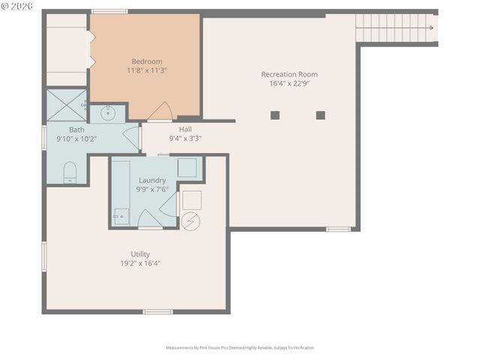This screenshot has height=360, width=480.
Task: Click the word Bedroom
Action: (x=146, y=61)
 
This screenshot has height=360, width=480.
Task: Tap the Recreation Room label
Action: (x=289, y=74)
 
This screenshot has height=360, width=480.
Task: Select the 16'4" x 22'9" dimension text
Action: (x=289, y=84)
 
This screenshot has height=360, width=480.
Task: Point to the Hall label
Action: (x=184, y=129)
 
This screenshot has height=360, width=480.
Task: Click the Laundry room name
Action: (x=151, y=180)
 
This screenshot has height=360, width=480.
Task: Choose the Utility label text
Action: (x=140, y=254)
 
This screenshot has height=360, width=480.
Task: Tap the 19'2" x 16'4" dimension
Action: (x=140, y=263)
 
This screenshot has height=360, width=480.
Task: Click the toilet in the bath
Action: (x=70, y=172)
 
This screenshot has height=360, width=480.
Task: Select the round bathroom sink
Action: (x=107, y=113)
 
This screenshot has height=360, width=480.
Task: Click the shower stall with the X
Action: (x=66, y=105)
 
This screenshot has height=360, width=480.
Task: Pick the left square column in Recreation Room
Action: (x=274, y=115)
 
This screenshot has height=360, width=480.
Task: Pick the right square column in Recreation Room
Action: (x=320, y=115)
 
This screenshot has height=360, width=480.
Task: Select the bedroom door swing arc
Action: (x=160, y=112)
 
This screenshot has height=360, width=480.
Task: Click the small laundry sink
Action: (x=121, y=217)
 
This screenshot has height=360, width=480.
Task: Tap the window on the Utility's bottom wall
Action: (x=157, y=311)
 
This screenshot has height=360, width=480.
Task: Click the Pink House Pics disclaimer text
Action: (x=240, y=347)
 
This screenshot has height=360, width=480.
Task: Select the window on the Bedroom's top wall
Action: (x=109, y=11)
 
